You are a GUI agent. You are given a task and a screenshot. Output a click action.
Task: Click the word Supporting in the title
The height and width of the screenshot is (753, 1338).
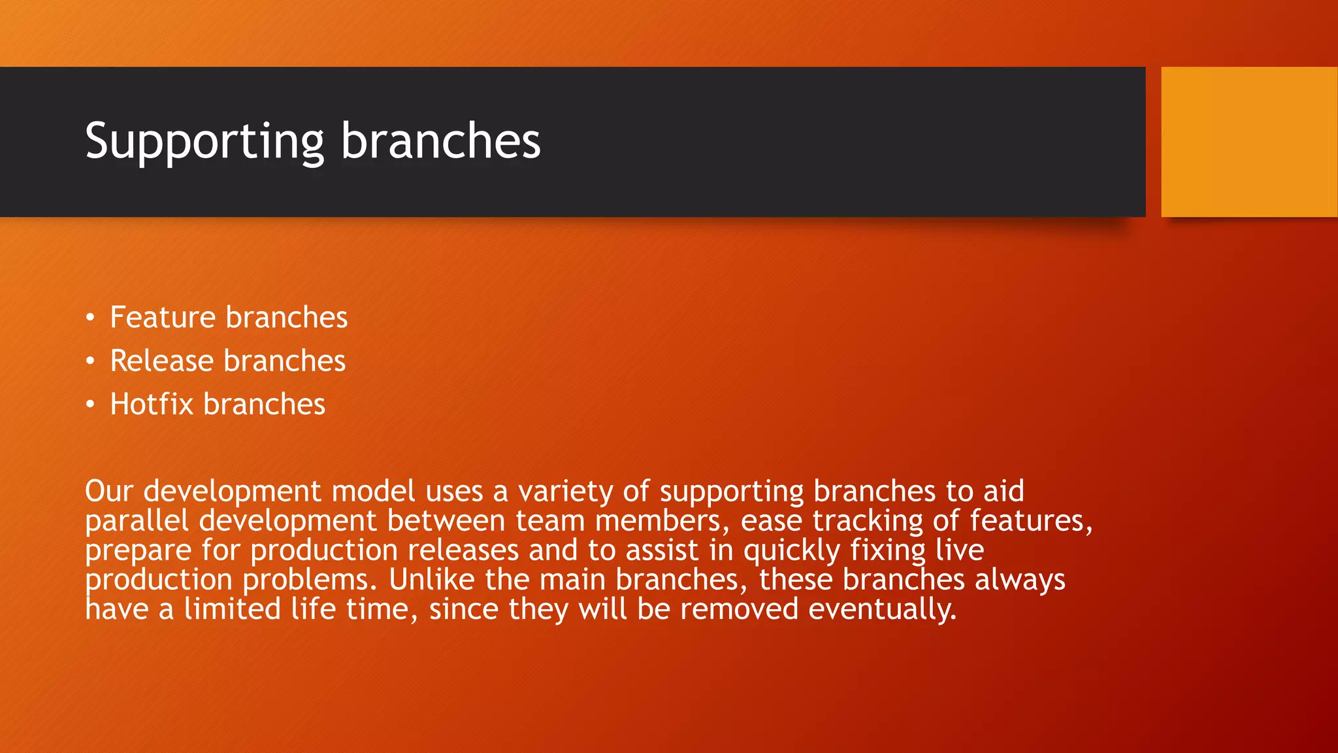[204, 141]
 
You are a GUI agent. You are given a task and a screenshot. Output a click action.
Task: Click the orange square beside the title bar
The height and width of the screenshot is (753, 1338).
[1248, 142]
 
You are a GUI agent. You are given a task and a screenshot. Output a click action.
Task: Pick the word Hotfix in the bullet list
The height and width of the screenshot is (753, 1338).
[152, 405]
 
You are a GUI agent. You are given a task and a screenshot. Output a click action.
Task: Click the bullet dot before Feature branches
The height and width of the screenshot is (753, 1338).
[90, 318]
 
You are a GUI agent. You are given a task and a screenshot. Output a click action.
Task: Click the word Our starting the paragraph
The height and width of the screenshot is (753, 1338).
[108, 492]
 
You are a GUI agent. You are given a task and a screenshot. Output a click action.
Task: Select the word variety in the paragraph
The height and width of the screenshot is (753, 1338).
[565, 492]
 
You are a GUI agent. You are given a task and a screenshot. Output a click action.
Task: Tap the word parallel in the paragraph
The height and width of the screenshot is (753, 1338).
[137, 521]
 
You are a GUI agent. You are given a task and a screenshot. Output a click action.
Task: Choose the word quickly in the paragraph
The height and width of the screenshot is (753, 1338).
[791, 550]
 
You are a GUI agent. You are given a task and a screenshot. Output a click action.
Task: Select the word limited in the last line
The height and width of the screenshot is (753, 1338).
[232, 609]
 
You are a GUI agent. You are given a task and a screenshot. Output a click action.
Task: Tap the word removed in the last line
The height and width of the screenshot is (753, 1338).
[739, 609]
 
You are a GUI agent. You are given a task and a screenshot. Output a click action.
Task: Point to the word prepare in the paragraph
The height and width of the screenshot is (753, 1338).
[138, 550]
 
